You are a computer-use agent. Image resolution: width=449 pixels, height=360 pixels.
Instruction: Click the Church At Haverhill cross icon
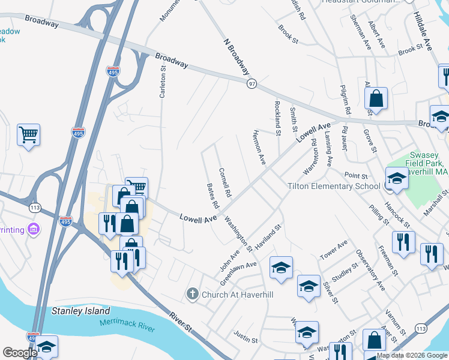tap(192, 294)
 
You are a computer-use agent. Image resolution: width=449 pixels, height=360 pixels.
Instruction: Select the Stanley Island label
tap(81, 311)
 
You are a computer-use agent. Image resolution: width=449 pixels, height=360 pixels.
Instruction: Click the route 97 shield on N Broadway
tap(252, 85)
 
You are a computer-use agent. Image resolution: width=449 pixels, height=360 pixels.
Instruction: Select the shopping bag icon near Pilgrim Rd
tap(376, 98)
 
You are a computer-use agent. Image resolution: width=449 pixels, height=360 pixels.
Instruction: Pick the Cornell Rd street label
tap(225, 182)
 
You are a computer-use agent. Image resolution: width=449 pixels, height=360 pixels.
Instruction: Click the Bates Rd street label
tap(212, 196)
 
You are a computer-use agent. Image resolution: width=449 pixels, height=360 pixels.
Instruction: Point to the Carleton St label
tap(162, 82)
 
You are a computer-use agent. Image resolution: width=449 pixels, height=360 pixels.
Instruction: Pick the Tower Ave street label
tap(334, 247)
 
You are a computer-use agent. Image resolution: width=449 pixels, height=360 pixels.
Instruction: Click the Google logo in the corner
tap(20, 353)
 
